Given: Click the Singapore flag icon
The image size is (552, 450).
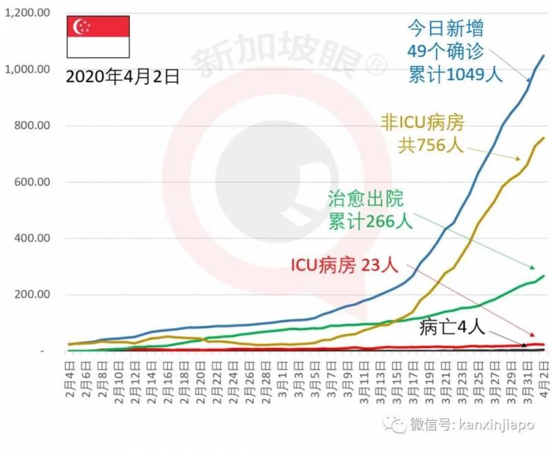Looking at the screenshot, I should pyautogui.click(x=98, y=36).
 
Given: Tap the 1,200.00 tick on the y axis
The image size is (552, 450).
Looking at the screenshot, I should pyautogui.click(x=28, y=14).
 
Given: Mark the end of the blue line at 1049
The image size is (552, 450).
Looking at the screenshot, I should pyautogui.click(x=544, y=56).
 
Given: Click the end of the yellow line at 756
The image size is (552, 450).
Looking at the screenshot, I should pyautogui.click(x=544, y=138).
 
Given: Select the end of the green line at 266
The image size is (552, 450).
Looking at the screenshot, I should pyautogui.click(x=544, y=276).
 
